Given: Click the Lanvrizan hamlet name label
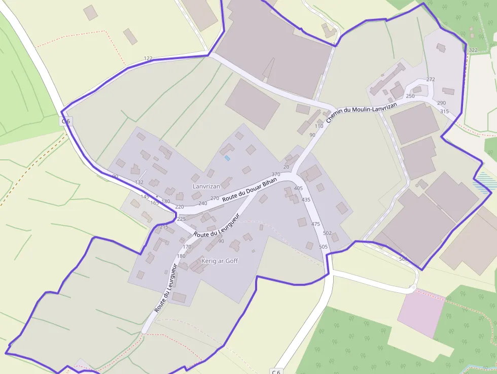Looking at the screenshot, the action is (x=206, y=186).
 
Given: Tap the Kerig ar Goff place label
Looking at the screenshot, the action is (x=220, y=261).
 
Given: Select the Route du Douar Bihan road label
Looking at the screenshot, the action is (x=250, y=190).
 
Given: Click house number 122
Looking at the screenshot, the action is (x=148, y=59).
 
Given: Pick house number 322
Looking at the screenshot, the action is (x=473, y=50).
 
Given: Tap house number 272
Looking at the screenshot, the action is (x=431, y=80).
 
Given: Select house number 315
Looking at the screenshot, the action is (x=444, y=112).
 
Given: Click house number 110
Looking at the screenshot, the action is (x=319, y=126).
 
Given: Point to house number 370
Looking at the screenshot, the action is (x=276, y=175).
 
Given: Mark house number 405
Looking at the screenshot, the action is (x=298, y=188).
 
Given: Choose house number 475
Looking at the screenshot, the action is (x=316, y=224).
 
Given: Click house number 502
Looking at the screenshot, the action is (x=327, y=233).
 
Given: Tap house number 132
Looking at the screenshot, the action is (x=139, y=182).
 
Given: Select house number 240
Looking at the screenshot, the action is (x=203, y=203).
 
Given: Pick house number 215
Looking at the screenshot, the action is (x=164, y=227).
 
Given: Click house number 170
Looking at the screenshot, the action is (x=187, y=247).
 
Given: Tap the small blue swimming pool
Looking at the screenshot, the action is (x=227, y=158).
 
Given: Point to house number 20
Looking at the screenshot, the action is (x=286, y=167).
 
